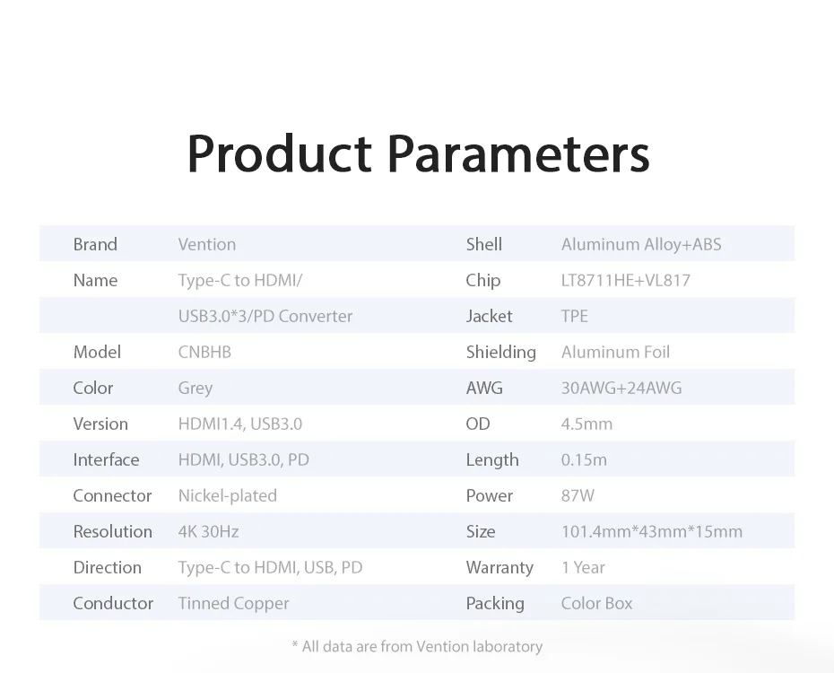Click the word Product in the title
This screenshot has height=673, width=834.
click(x=279, y=153)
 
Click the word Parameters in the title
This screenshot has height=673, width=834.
click(x=518, y=153)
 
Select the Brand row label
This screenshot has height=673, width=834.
click(x=95, y=244)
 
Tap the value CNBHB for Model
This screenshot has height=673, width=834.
click(x=204, y=352)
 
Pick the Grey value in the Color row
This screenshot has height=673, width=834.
click(x=195, y=389)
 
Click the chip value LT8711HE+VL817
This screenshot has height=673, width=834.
click(x=626, y=280)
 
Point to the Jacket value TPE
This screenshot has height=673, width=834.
click(x=575, y=316)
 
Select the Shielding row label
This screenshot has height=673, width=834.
click(x=501, y=352)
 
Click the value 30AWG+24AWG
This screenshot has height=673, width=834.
click(x=621, y=388)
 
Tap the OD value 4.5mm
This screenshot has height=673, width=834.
click(x=586, y=424)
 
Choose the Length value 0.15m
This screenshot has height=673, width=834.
click(x=584, y=459)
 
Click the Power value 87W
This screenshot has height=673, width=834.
click(x=578, y=496)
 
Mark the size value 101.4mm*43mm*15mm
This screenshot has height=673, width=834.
click(x=652, y=531)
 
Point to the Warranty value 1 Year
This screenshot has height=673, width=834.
click(x=584, y=568)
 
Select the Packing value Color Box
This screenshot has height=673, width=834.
click(x=596, y=603)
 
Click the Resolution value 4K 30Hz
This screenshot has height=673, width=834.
click(x=208, y=531)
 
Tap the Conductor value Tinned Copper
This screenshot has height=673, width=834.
click(x=233, y=603)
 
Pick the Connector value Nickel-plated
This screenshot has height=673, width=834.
click(x=228, y=496)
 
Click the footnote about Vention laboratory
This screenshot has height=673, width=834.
click(x=417, y=646)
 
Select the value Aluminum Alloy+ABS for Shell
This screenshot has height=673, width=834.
click(x=641, y=244)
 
